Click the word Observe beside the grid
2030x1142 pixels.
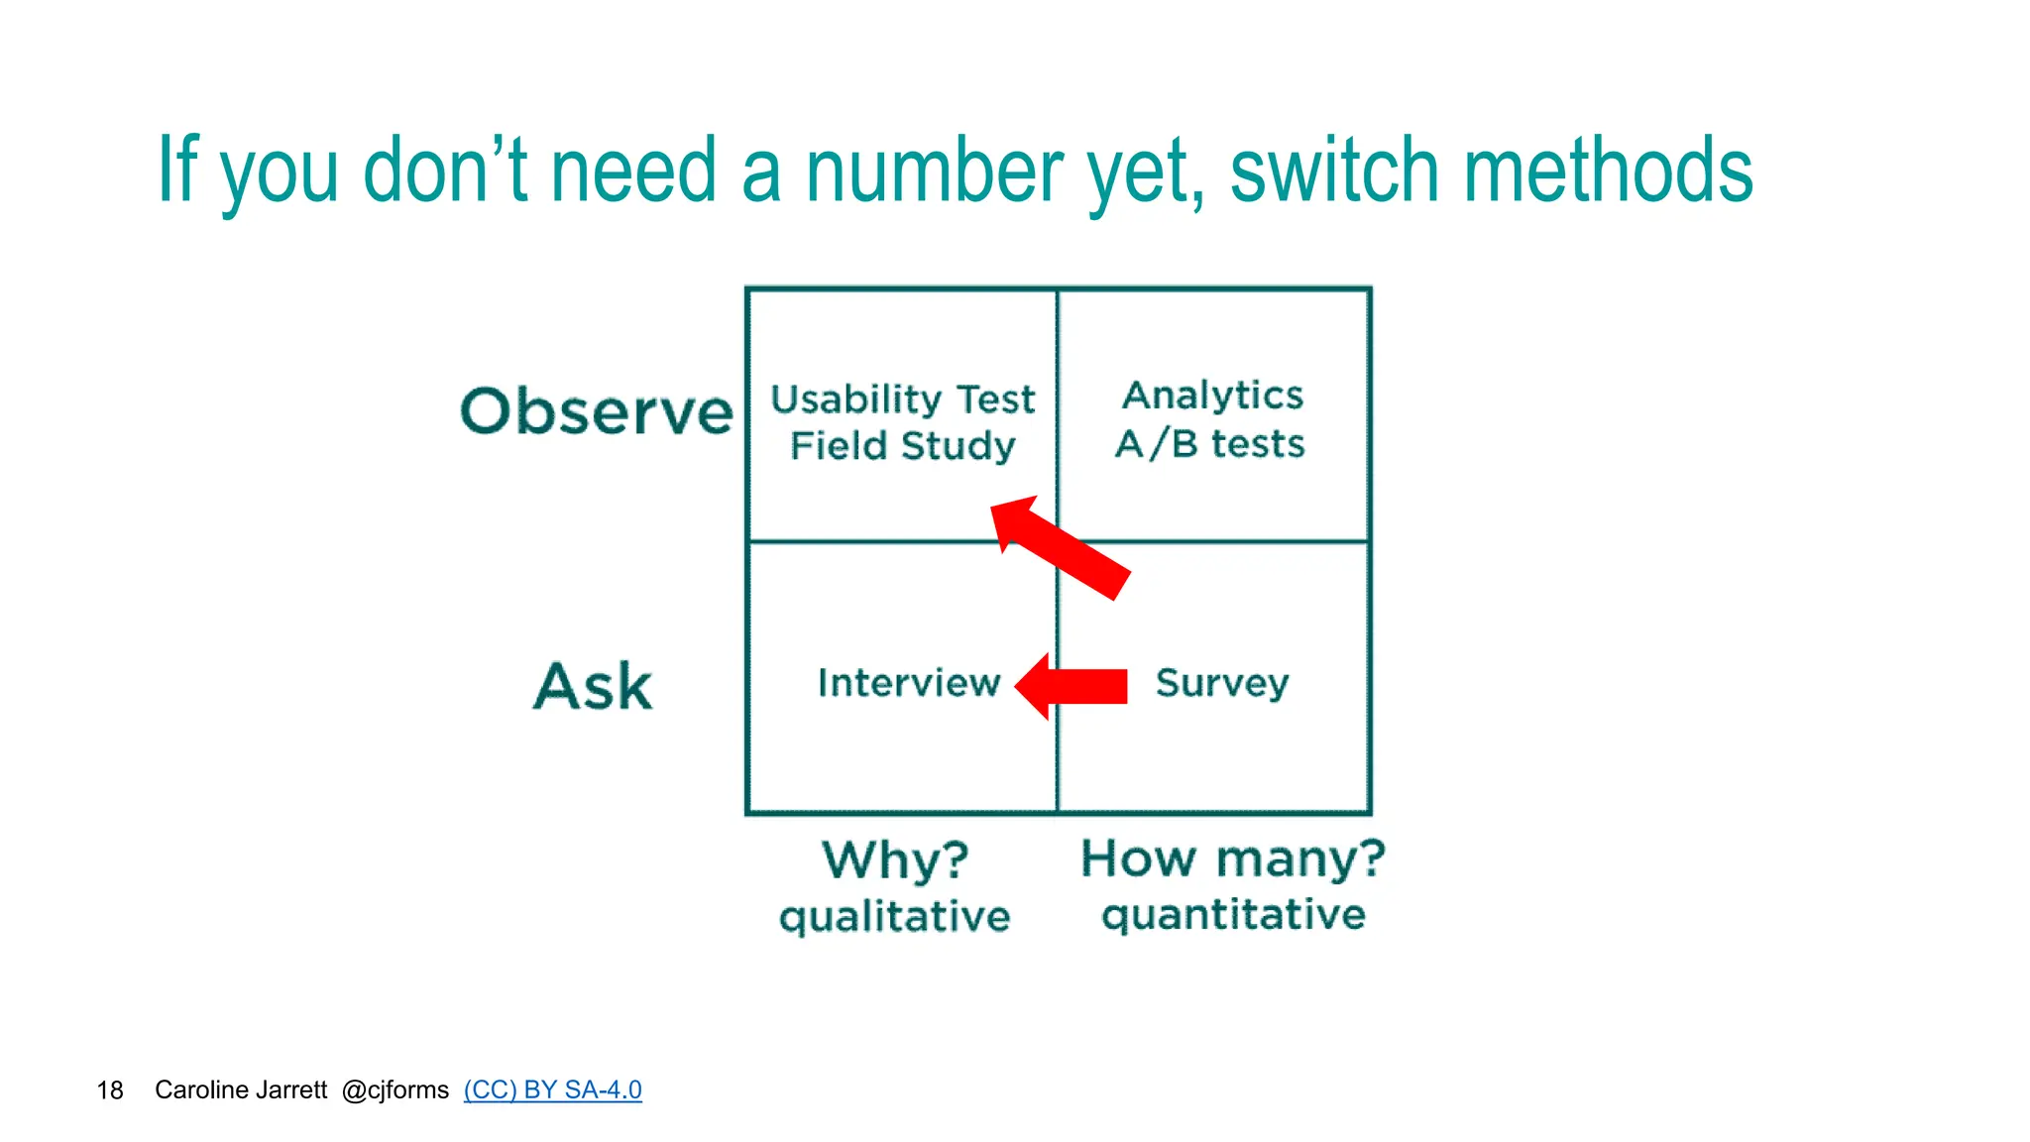click(x=596, y=411)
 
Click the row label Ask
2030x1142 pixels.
click(x=593, y=686)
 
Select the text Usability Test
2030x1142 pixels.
click(x=902, y=400)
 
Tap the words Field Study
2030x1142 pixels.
click(x=902, y=446)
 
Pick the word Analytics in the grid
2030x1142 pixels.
click(x=1212, y=396)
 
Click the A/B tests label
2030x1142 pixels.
click(x=1209, y=443)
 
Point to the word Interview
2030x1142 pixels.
click(x=908, y=683)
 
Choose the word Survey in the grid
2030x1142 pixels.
click(x=1221, y=683)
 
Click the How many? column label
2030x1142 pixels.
click(x=1232, y=857)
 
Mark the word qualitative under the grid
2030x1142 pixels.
click(x=894, y=916)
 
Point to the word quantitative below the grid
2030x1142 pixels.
click(x=1233, y=914)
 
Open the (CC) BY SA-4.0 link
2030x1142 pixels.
click(x=552, y=1089)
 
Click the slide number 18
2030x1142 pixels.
click(x=110, y=1090)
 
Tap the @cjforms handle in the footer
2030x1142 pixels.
click(x=395, y=1090)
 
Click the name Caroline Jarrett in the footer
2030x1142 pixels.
click(x=241, y=1089)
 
